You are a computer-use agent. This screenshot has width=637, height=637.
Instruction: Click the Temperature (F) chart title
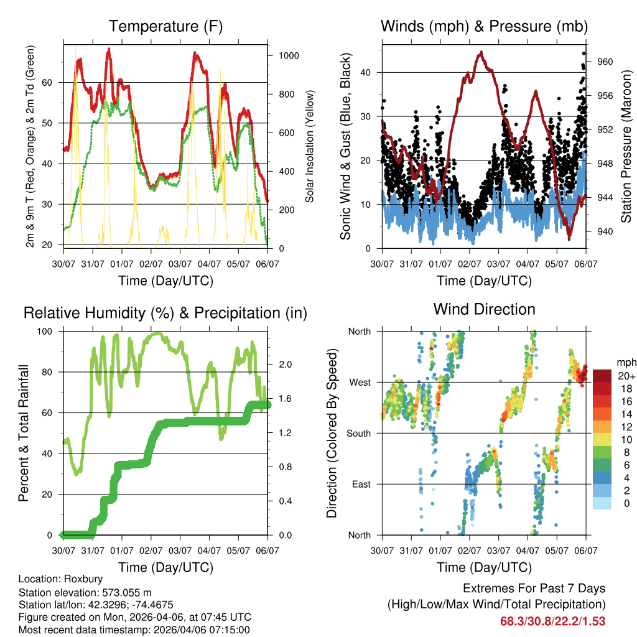(x=165, y=26)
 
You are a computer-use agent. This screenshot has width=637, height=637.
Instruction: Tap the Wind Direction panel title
(x=484, y=309)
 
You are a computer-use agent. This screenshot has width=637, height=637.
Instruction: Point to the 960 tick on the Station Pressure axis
(x=605, y=62)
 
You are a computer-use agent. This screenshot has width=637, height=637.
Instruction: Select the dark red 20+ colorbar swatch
(x=602, y=376)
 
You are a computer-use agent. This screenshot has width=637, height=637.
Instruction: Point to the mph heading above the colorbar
(x=626, y=362)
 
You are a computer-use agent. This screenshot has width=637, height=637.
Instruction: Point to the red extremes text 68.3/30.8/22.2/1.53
(x=552, y=621)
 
